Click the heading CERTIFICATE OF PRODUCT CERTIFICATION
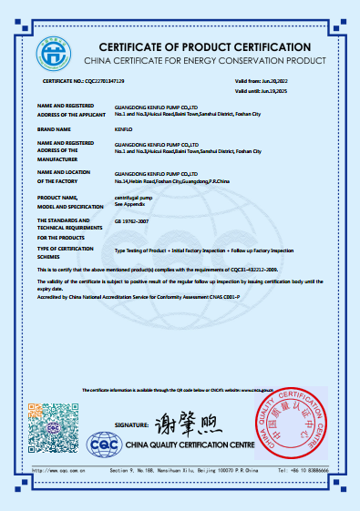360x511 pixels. click(204, 46)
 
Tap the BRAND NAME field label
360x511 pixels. click(55, 129)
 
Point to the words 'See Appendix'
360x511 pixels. click(128, 203)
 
